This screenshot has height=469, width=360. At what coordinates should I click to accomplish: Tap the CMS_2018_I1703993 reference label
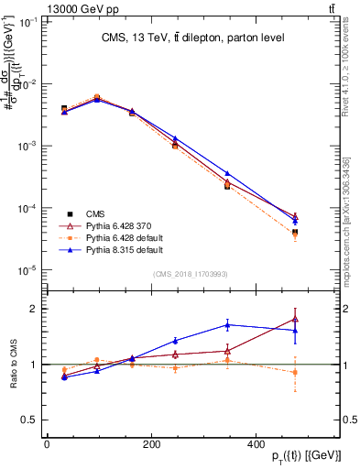point(191,274)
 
